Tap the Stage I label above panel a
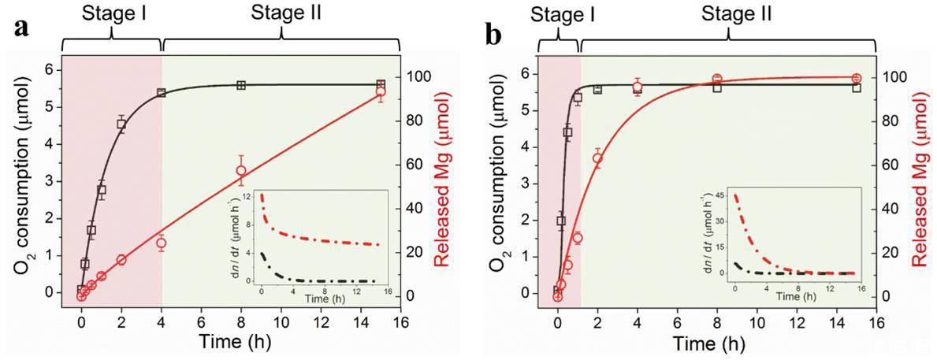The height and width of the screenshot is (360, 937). (x=110, y=13)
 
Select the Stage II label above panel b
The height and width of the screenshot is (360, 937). (x=726, y=13)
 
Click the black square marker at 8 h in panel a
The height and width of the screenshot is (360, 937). (x=241, y=85)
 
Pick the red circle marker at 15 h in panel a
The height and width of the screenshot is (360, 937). (x=381, y=92)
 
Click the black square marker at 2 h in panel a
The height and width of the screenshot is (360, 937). (x=121, y=124)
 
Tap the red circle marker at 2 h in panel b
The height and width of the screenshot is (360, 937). (x=597, y=159)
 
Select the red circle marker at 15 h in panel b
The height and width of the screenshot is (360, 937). (x=857, y=78)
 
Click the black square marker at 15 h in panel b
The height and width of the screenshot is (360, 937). (x=857, y=87)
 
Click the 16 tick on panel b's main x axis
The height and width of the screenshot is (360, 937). (x=876, y=323)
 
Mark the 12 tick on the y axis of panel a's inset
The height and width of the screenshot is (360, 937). (x=246, y=196)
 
